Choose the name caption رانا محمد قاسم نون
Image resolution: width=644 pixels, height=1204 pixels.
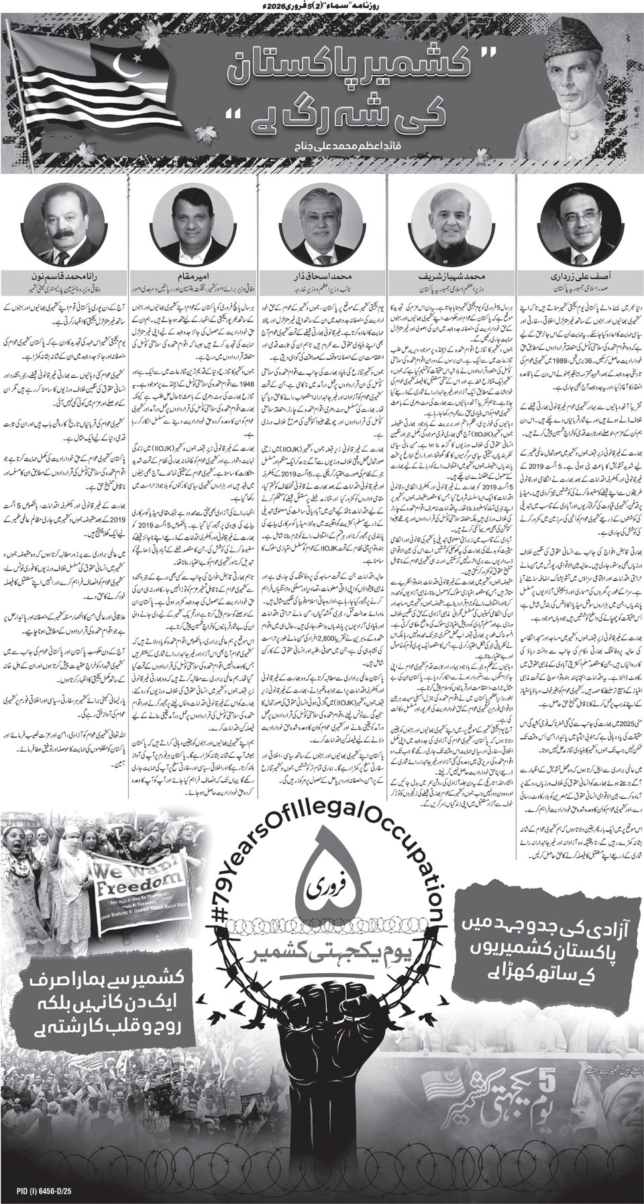pyautogui.click(x=62, y=275)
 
